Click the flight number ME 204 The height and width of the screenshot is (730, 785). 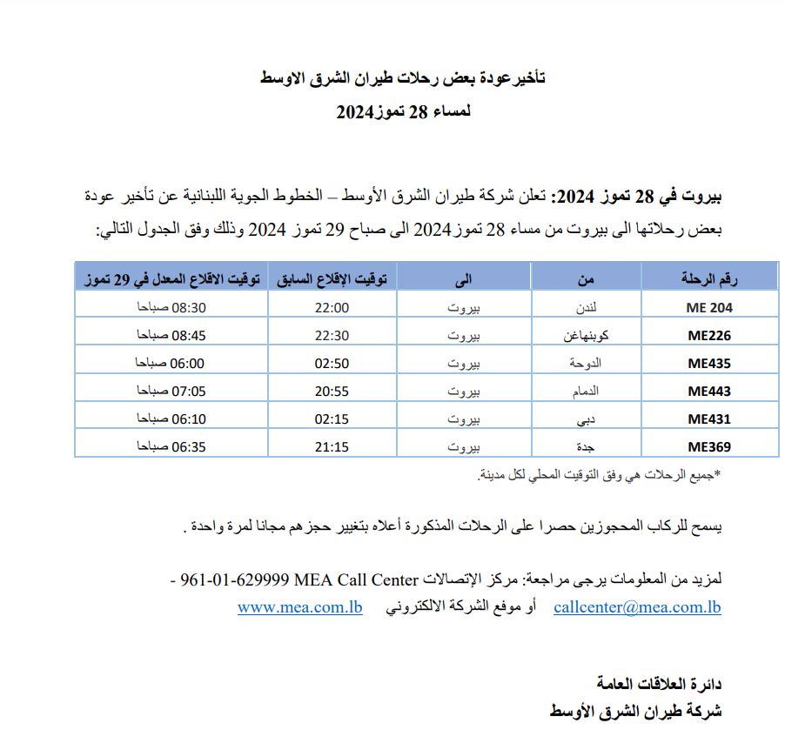click(709, 307)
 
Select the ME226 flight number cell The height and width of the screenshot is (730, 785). click(709, 336)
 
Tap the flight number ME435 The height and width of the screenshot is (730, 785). click(709, 364)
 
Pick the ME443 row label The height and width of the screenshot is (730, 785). click(709, 392)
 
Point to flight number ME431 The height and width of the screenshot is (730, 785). click(709, 419)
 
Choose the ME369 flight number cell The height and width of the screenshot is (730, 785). click(709, 447)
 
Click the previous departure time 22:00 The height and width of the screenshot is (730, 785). click(332, 307)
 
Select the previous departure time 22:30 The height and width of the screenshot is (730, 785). click(332, 336)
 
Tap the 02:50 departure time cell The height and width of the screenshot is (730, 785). click(332, 364)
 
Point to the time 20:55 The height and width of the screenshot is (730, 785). click(332, 392)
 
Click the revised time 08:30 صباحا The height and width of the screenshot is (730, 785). click(171, 307)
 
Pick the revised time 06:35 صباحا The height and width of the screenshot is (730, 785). click(171, 447)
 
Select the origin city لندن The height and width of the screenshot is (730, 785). click(587, 307)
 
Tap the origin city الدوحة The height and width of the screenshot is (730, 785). click(583, 364)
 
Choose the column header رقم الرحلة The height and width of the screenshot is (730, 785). click(709, 279)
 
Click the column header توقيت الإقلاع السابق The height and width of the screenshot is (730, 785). click(333, 279)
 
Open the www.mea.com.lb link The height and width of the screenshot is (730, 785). click(299, 607)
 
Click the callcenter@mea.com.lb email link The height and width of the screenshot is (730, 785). click(637, 607)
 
